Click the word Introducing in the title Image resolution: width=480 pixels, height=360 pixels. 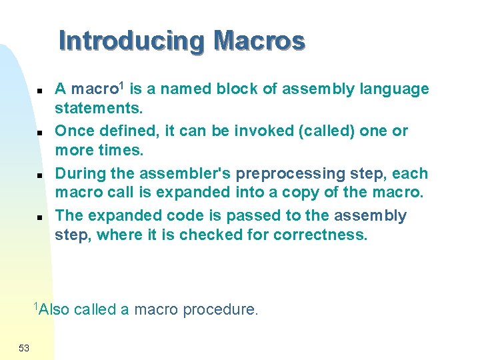(x=132, y=41)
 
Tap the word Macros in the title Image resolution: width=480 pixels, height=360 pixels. (x=259, y=41)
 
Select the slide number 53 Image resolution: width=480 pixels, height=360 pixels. (x=24, y=347)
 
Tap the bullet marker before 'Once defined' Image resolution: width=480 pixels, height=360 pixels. (x=40, y=133)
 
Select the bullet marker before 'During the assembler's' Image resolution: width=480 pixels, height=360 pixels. (x=40, y=175)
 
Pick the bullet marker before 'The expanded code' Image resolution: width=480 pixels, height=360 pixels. (x=40, y=217)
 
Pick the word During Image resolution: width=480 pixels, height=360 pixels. (x=77, y=174)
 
